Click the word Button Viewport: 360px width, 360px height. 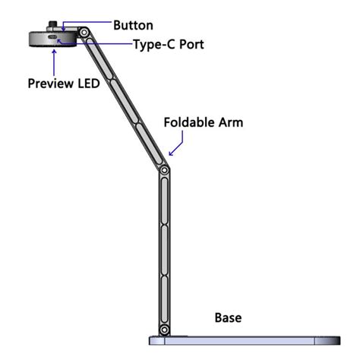tap(133, 25)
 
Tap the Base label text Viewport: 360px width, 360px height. tap(229, 317)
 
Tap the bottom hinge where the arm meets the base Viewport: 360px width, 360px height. tap(163, 330)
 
